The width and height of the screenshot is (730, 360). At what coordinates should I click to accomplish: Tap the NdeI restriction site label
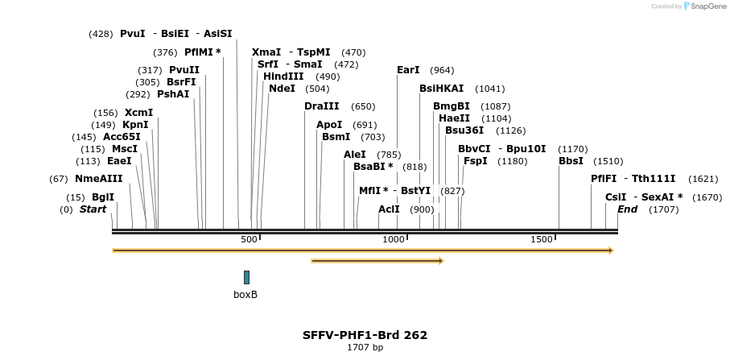(x=282, y=89)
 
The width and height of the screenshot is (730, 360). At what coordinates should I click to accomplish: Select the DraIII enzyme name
(x=322, y=106)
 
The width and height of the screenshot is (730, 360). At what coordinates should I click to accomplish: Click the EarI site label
(x=409, y=70)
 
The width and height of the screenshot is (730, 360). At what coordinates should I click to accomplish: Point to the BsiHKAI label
(x=442, y=89)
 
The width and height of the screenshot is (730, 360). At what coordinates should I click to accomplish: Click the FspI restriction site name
(x=475, y=161)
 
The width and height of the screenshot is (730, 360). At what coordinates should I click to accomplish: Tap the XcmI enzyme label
(x=138, y=113)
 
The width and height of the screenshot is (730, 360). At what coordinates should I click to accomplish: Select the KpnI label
(x=135, y=125)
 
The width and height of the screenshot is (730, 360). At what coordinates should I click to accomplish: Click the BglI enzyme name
(x=103, y=197)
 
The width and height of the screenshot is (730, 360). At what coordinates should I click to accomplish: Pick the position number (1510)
(x=608, y=161)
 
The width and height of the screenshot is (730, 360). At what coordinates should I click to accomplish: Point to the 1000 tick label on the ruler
(x=394, y=239)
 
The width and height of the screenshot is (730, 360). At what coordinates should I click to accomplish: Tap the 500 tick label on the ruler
(x=249, y=239)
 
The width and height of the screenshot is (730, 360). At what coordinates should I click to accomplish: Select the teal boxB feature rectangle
(x=246, y=277)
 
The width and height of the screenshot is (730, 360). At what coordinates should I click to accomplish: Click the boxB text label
(x=245, y=295)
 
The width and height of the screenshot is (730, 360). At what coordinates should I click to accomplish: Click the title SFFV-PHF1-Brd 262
(x=365, y=335)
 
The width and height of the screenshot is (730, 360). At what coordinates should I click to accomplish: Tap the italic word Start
(x=93, y=209)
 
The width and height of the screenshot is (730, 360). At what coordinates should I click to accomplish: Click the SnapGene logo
(x=700, y=6)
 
